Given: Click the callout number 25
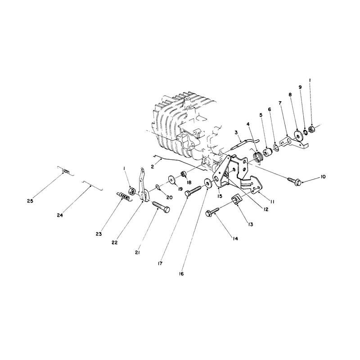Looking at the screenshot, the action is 30,201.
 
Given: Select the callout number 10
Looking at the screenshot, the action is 323,177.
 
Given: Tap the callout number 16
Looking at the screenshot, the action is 181,274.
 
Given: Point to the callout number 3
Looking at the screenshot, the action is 236,132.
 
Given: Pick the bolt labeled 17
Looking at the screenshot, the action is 193,192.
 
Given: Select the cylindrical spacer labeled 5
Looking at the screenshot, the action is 268,153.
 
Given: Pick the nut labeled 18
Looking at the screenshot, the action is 184,174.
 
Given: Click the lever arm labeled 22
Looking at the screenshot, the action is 144,186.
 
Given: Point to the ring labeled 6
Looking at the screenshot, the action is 276,147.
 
